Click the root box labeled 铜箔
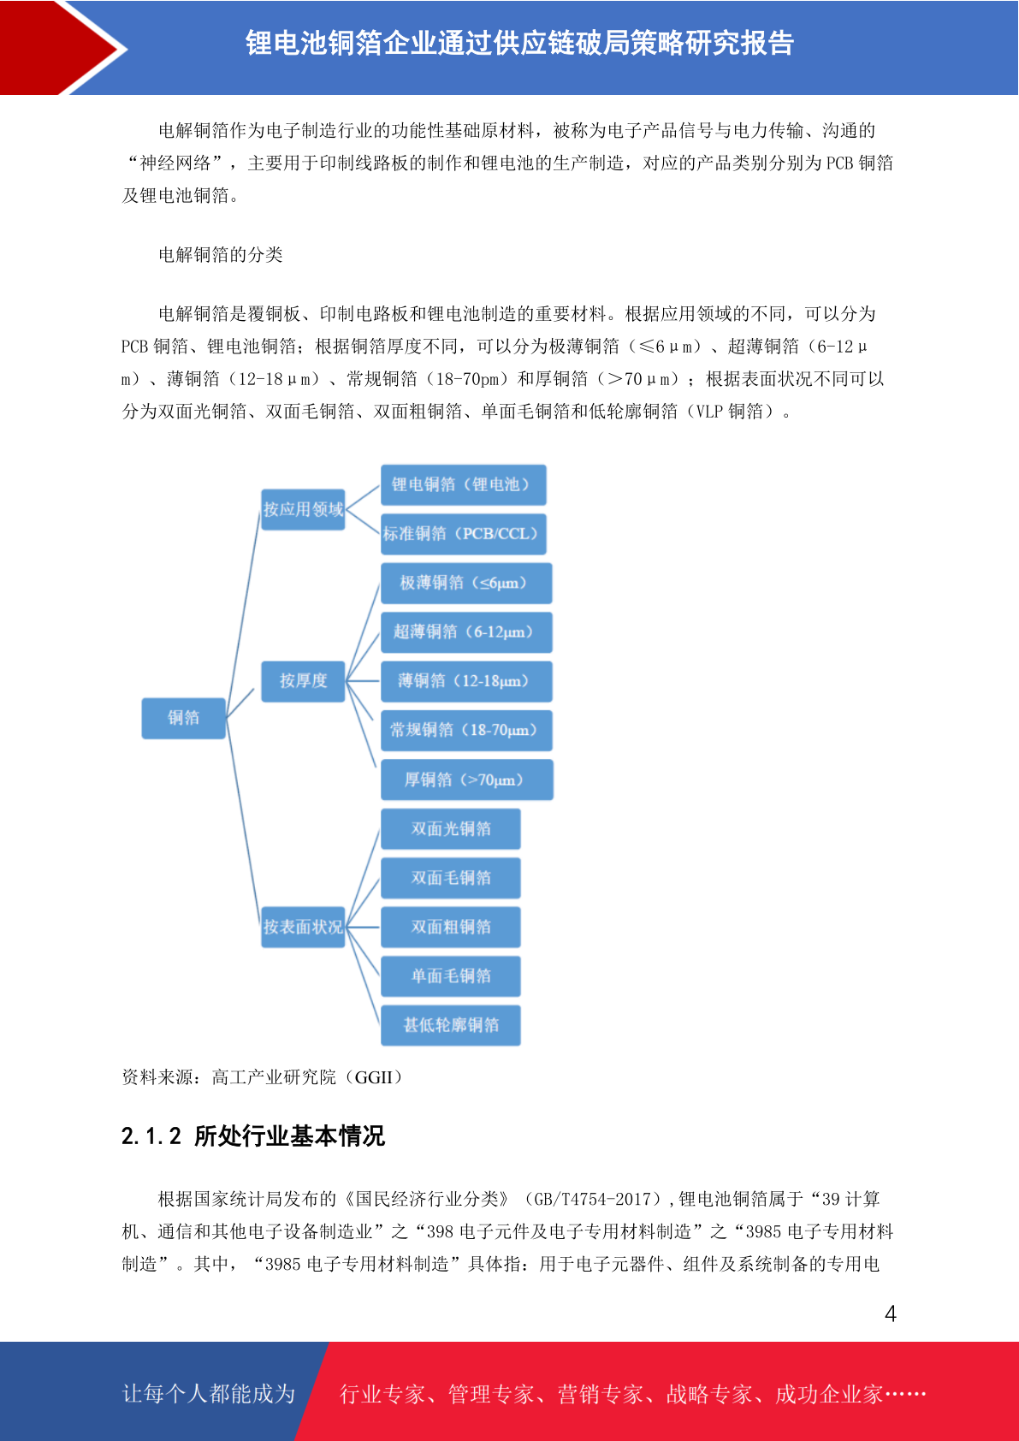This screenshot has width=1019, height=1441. click(183, 718)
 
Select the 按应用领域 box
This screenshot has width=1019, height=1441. click(303, 509)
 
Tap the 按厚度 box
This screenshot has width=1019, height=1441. click(303, 681)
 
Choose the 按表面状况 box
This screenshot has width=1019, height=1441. click(303, 927)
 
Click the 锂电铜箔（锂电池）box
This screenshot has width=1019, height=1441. click(463, 485)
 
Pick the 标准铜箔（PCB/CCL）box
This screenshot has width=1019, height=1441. click(463, 534)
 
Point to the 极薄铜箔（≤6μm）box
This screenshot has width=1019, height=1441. click(466, 584)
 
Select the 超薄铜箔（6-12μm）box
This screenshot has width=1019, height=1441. click(466, 632)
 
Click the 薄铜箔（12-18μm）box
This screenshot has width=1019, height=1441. click(466, 681)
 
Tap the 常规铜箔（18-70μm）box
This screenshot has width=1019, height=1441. click(466, 731)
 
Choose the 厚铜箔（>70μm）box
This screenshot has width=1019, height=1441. click(467, 780)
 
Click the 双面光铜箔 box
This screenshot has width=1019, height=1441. click(450, 829)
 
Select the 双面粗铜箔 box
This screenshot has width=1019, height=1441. click(450, 927)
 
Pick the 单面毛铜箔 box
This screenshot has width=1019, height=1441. click(450, 976)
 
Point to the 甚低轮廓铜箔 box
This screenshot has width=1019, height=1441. click(450, 1025)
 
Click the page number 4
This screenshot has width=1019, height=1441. click(891, 1314)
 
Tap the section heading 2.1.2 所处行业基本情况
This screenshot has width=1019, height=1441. click(252, 1136)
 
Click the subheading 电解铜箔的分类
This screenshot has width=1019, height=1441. click(221, 255)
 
